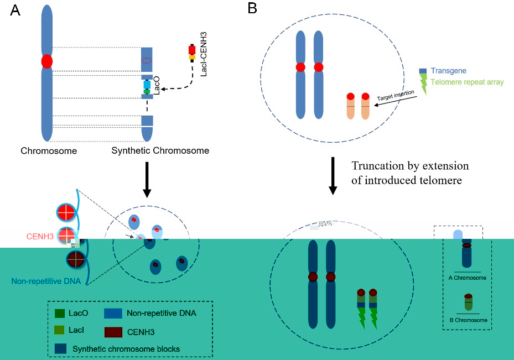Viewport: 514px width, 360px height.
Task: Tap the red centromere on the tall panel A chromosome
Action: point(46,61)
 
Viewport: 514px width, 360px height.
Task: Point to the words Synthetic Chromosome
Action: point(160,150)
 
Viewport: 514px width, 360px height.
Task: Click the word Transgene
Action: point(449,71)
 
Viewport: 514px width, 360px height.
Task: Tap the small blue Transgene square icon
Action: point(423,71)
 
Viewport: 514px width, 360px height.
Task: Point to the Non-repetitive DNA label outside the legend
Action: point(46,281)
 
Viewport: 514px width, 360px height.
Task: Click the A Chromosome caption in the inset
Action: point(467,278)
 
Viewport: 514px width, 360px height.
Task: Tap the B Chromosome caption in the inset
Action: point(467,320)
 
